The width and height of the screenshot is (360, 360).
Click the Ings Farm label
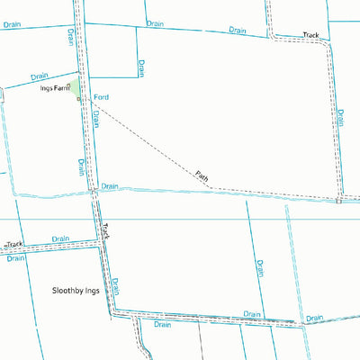coord(54,89)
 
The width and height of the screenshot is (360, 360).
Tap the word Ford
coord(101,95)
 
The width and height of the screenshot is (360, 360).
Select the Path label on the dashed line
coord(202,176)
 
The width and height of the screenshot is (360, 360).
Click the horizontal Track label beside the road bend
coord(310,34)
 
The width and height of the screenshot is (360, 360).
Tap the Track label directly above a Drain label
coord(13,244)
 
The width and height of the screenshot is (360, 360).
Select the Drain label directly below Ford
coord(95,121)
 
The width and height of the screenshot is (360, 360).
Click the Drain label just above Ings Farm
coord(39,76)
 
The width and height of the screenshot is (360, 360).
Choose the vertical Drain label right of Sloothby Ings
coord(116,286)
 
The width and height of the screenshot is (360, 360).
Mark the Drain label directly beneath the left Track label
coord(15,257)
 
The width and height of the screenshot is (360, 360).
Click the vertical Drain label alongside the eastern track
coord(340,119)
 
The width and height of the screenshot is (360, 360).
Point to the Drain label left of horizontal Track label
coord(238,30)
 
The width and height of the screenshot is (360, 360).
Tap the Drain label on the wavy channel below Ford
coord(110,186)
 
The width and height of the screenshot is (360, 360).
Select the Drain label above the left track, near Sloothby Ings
coord(60,239)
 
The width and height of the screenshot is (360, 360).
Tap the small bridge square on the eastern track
coord(339,201)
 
